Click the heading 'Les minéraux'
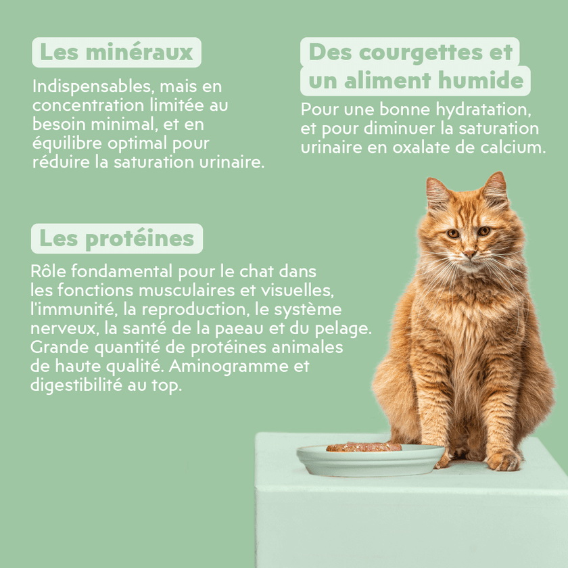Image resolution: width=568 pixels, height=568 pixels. pyautogui.click(x=116, y=52)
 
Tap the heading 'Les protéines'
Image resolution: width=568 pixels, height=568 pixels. pyautogui.click(x=116, y=239)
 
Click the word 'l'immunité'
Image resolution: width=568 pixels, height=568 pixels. pyautogui.click(x=67, y=310)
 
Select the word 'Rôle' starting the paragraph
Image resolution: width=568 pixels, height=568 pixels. pyautogui.click(x=48, y=271)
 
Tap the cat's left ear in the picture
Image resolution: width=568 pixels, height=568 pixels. pyautogui.click(x=437, y=191)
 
